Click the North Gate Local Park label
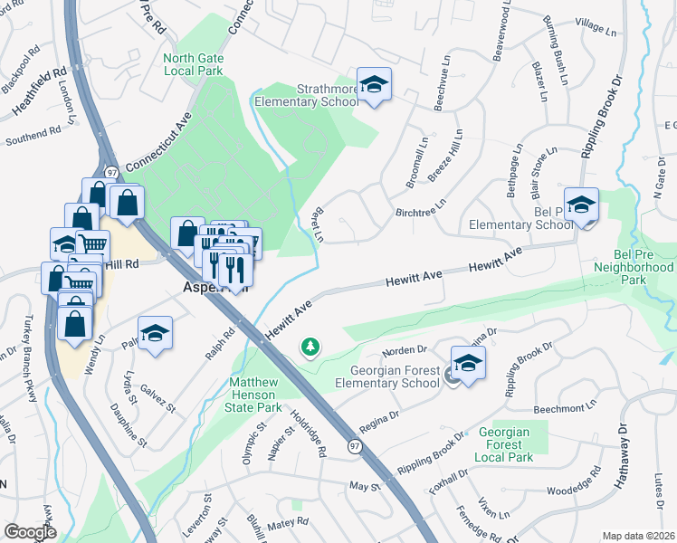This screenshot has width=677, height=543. point(191,64)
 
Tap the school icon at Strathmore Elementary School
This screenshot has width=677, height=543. point(374,85)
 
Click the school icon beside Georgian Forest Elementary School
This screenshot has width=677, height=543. point(467,364)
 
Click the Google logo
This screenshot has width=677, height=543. point(30,532)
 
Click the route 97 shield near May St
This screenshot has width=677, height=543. point(356,446)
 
